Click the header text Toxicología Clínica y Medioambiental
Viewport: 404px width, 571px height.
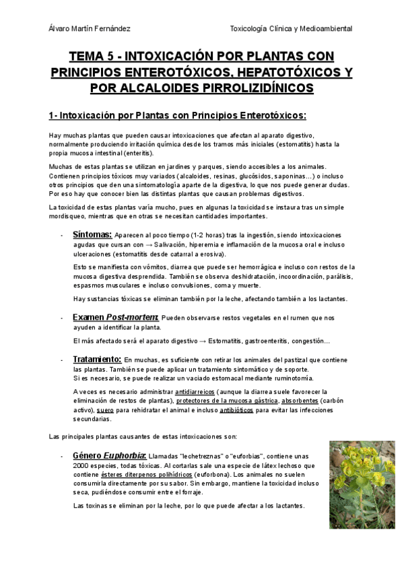291,28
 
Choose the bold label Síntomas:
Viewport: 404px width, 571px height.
92,234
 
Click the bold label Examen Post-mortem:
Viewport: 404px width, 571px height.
115,316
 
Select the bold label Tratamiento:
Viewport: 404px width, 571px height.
97,360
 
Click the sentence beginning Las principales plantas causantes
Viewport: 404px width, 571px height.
143,436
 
